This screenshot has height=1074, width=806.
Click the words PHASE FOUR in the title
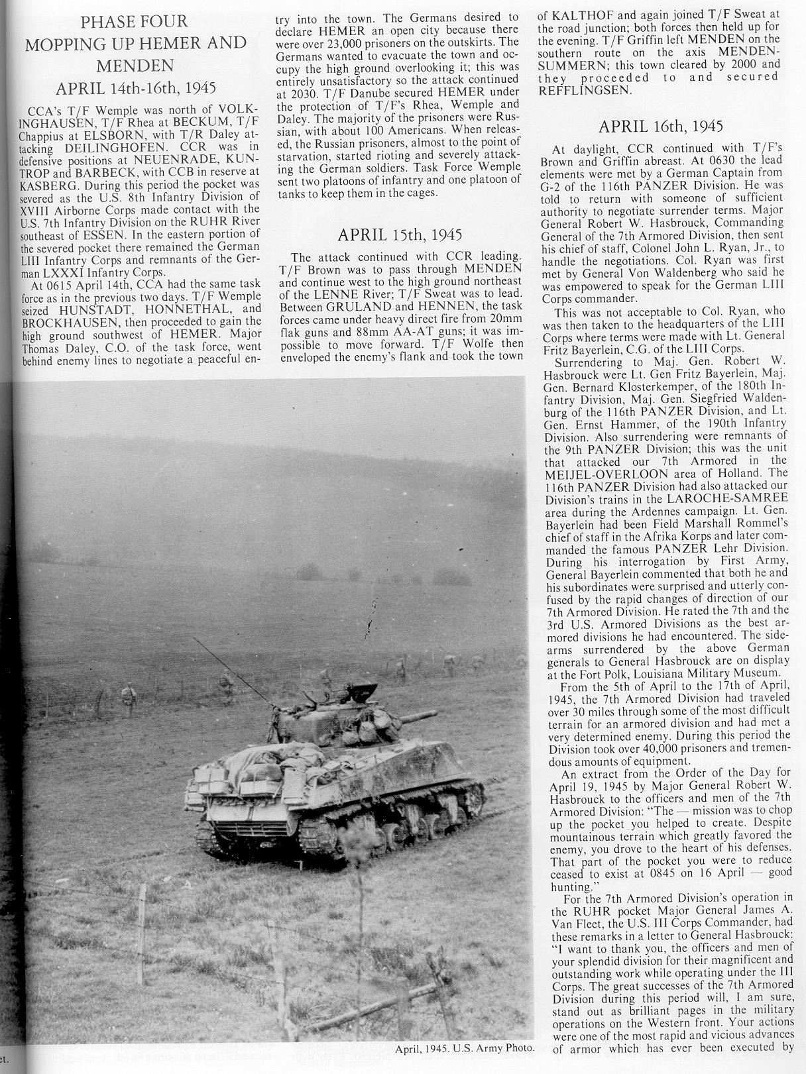coord(135,22)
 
